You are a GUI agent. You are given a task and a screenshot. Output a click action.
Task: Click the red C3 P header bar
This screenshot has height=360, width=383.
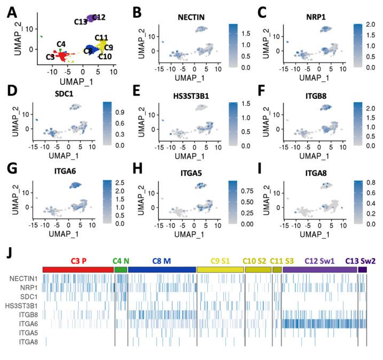pos(79,270)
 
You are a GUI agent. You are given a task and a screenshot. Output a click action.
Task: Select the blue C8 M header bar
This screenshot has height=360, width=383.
pos(162,270)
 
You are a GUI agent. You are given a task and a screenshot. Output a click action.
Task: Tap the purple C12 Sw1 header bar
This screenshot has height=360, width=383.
pos(319,270)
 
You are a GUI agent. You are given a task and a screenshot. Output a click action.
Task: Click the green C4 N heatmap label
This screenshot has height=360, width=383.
pos(121,261)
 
